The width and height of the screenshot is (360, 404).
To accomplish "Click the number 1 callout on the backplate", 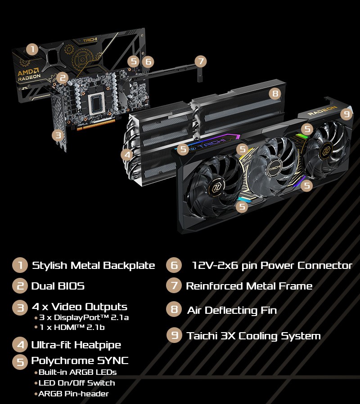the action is [32, 49].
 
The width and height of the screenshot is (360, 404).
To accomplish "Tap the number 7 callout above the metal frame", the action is [201, 61].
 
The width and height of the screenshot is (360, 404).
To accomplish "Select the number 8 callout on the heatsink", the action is [275, 93].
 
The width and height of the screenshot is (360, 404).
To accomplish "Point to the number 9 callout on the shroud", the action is [346, 114].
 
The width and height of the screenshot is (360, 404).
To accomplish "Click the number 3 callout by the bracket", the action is [58, 135].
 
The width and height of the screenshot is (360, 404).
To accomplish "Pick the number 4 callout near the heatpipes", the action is [127, 155].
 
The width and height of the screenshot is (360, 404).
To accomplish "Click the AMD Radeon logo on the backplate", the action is [29, 75].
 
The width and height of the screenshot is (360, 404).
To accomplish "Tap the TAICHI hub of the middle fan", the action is [275, 168].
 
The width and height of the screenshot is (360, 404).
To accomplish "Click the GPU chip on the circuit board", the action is [97, 103].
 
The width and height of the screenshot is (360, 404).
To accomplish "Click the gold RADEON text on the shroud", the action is [322, 110].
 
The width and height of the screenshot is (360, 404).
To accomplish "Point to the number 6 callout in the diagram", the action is [148, 61].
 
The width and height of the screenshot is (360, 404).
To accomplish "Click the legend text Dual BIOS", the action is [58, 286].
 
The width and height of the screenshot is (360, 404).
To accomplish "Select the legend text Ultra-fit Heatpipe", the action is [76, 345].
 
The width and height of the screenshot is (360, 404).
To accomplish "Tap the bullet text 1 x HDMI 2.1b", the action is [72, 327].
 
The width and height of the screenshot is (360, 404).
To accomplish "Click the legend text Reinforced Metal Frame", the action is [249, 286].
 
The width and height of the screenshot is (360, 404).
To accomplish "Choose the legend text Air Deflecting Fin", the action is [232, 311].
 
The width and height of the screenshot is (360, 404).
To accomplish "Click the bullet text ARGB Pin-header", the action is [74, 394].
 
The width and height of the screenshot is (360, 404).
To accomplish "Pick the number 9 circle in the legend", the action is [175, 335].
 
